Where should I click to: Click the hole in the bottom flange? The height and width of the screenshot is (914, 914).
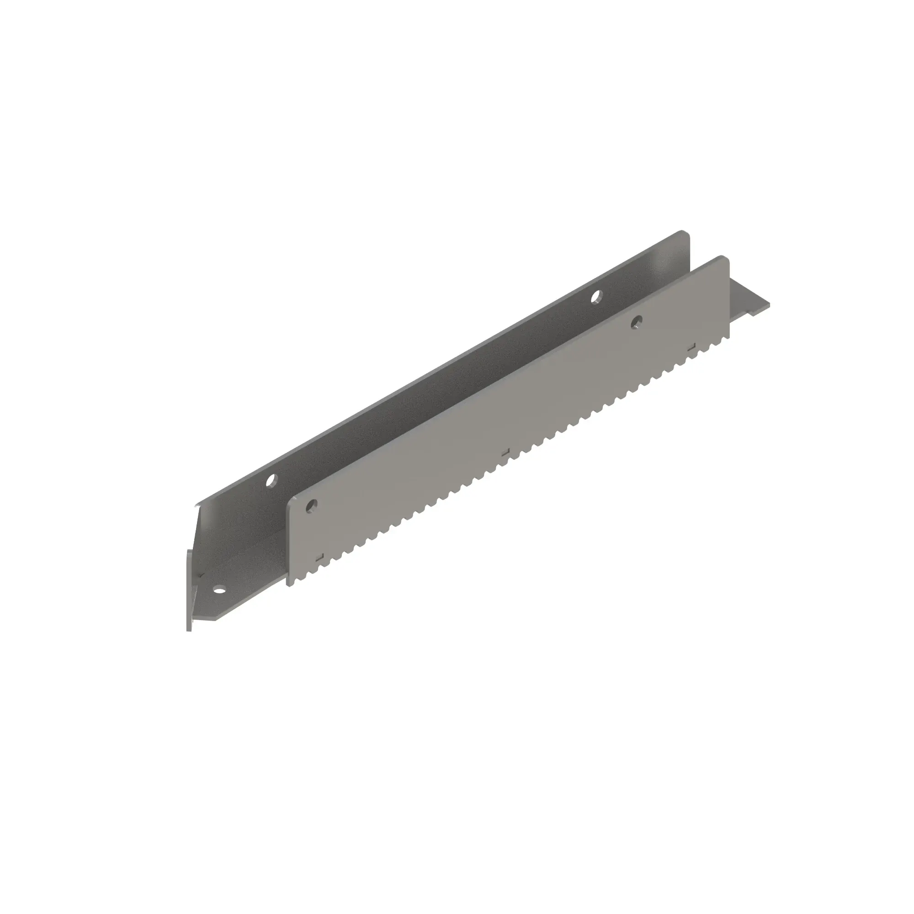coord(219,590)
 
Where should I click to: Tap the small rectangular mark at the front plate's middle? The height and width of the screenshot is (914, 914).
coord(505,452)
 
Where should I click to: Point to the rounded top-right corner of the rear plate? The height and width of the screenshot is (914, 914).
coord(685,233)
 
